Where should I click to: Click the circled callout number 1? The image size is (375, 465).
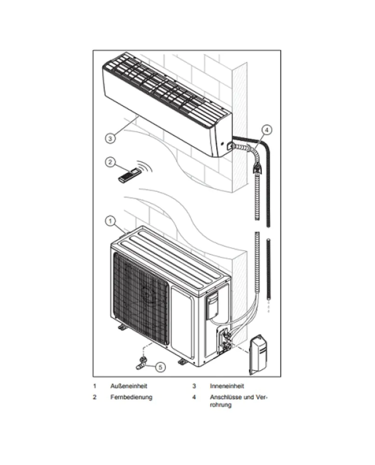110,221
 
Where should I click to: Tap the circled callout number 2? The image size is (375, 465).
110,162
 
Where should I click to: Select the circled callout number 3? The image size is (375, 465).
110,139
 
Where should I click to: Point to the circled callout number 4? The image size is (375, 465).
267,130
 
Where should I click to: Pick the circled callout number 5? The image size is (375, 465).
160,367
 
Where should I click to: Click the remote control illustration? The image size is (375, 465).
129,175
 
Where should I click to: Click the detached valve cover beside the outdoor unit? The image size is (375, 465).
258,354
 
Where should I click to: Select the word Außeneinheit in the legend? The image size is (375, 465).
129,386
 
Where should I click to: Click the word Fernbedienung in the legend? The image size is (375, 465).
131,397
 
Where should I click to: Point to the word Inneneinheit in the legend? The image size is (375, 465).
227,386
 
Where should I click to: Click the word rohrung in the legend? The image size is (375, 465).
221,405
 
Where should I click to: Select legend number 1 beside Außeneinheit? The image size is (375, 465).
94,386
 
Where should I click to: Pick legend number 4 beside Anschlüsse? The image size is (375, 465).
194,397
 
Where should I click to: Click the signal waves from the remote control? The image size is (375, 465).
145,166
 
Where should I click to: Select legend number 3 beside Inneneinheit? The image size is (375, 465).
194,386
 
